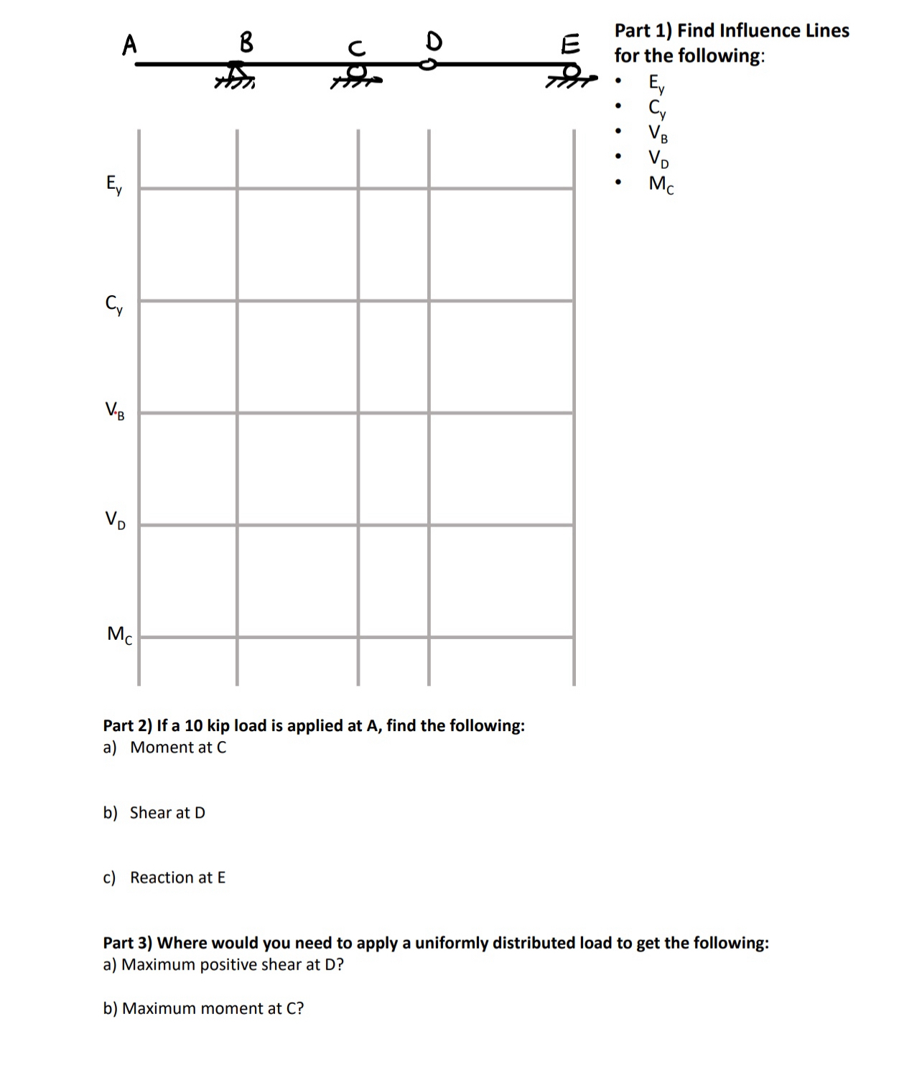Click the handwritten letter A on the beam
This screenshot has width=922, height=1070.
[129, 45]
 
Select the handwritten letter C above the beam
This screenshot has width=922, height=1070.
[356, 48]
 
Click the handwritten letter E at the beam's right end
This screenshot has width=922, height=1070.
[570, 45]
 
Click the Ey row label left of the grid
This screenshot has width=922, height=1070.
[113, 185]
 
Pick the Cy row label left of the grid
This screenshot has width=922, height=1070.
[113, 305]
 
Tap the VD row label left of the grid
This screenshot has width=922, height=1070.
[115, 519]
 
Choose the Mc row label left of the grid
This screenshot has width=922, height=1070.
[119, 635]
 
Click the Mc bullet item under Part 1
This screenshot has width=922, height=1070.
[661, 184]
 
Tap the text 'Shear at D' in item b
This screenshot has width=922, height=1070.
[167, 812]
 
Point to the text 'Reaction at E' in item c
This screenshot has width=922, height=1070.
[177, 878]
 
